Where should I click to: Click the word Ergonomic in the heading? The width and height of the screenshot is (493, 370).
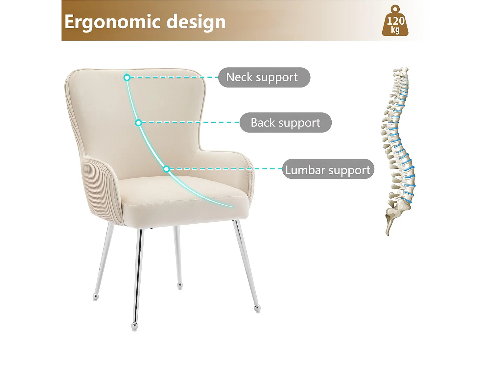pyautogui.click(x=113, y=22)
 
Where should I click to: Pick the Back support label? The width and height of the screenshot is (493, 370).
pyautogui.click(x=285, y=123)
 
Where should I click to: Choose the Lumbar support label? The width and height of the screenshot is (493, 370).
pyautogui.click(x=328, y=169)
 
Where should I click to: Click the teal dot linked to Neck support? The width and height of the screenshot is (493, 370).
pyautogui.click(x=127, y=78)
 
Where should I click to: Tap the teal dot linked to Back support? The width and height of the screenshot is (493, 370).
pyautogui.click(x=139, y=123)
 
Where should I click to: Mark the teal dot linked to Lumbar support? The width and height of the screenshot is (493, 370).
pyautogui.click(x=166, y=169)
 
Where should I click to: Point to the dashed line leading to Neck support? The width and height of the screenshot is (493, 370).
pyautogui.click(x=174, y=77)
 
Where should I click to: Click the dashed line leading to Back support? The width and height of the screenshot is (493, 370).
pyautogui.click(x=191, y=122)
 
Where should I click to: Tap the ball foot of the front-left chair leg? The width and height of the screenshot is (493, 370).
pyautogui.click(x=134, y=326)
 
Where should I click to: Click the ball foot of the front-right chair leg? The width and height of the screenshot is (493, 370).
pyautogui.click(x=257, y=308)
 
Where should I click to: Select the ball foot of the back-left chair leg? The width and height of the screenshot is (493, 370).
pyautogui.click(x=96, y=297)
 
